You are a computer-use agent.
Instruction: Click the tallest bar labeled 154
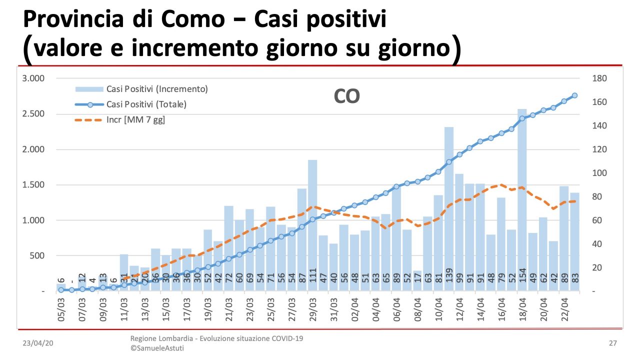(x=522, y=200)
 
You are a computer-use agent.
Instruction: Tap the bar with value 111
(x=312, y=225)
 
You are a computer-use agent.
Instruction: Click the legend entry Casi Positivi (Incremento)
(x=157, y=89)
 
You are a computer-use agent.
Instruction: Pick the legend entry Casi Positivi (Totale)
(x=146, y=104)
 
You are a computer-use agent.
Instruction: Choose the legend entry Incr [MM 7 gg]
(x=135, y=120)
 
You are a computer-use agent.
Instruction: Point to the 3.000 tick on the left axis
(x=34, y=78)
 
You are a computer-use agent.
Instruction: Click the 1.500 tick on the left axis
(x=34, y=185)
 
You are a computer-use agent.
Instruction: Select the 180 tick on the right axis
(x=599, y=78)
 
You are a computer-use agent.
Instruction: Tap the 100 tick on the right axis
(x=599, y=173)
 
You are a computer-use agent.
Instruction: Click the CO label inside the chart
(x=346, y=97)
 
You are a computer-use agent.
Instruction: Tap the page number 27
(x=613, y=343)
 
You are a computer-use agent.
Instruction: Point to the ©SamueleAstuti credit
(x=157, y=348)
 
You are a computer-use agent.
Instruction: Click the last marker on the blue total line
(x=574, y=95)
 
